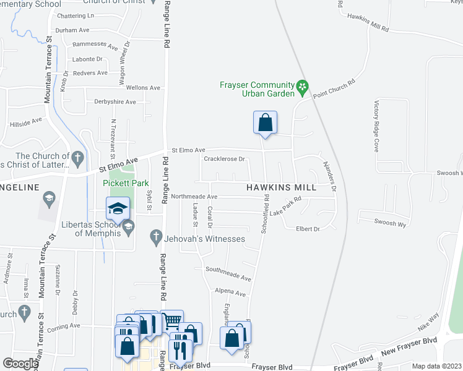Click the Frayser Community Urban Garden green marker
point(303,88)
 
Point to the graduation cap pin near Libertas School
point(117,208)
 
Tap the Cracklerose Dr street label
point(225,159)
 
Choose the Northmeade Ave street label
point(196,197)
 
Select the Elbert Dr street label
point(308,229)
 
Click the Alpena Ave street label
point(230,294)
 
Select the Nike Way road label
point(428,323)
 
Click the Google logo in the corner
point(20,364)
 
